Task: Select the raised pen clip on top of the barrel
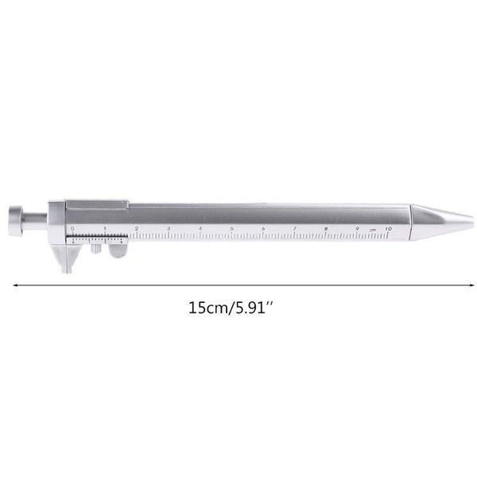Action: [x=95, y=205]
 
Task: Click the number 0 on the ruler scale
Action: [x=72, y=228]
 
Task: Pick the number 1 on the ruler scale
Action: [x=104, y=228]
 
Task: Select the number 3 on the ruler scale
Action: [x=168, y=228]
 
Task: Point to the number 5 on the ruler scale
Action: [x=231, y=228]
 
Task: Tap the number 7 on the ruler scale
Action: [x=294, y=228]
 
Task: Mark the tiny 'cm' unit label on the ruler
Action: [x=372, y=230]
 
